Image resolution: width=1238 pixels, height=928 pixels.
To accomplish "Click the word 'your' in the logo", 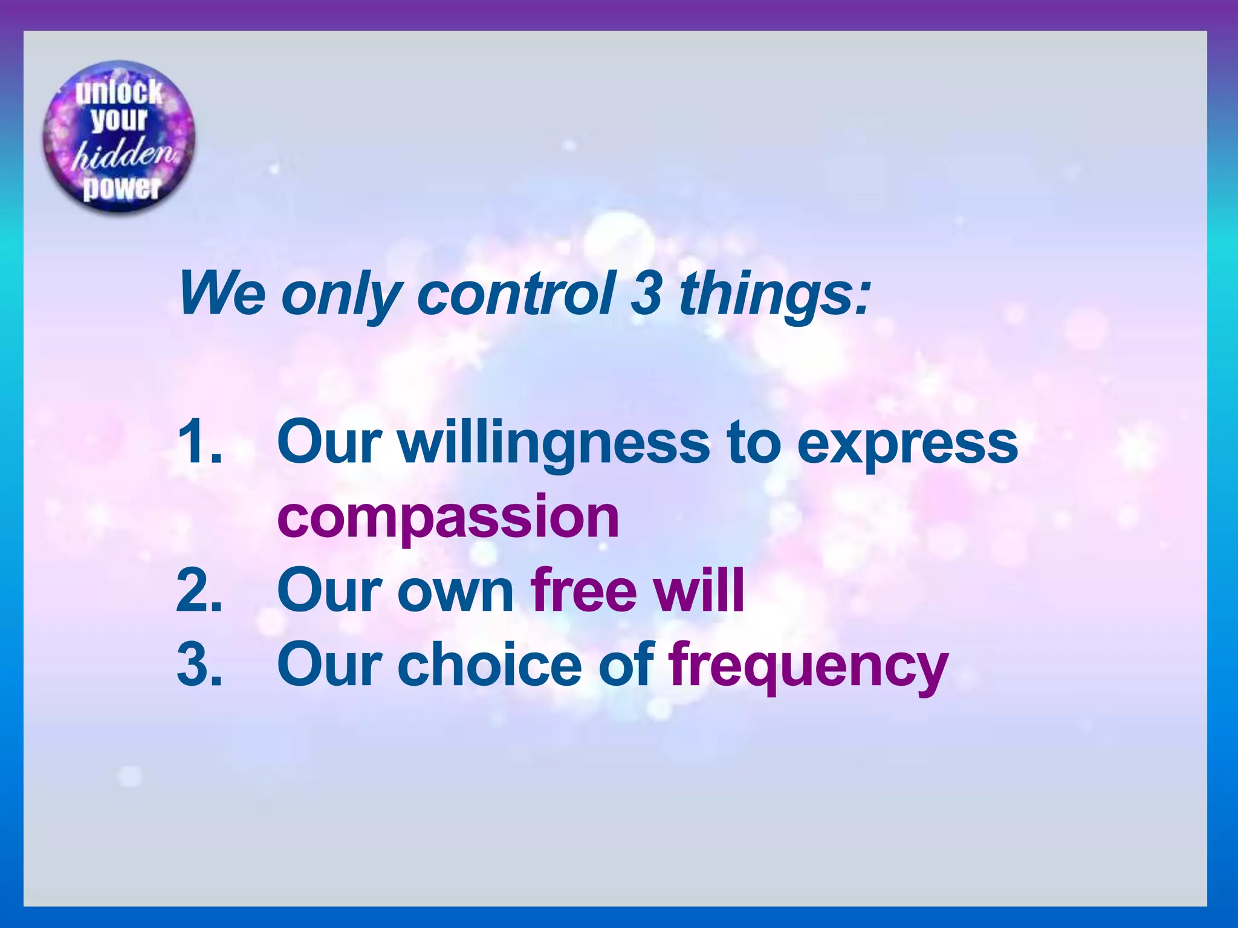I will pyautogui.click(x=120, y=120).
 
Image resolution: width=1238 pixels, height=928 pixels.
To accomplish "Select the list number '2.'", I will pyautogui.click(x=200, y=590).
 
